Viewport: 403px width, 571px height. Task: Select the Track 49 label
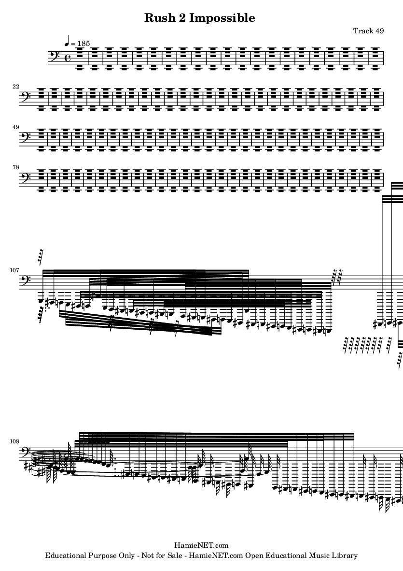[368, 30]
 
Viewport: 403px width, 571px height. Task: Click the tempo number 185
[83, 44]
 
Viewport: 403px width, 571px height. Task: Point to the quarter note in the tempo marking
[67, 42]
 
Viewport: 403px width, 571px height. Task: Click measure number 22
[15, 87]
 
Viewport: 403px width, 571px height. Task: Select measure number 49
[15, 127]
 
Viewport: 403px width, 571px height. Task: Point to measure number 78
[15, 167]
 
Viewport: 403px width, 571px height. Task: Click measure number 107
[14, 271]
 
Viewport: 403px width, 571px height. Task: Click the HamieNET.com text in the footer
[201, 545]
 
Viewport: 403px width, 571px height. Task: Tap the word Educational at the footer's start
[66, 556]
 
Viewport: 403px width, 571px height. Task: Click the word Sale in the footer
[175, 556]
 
